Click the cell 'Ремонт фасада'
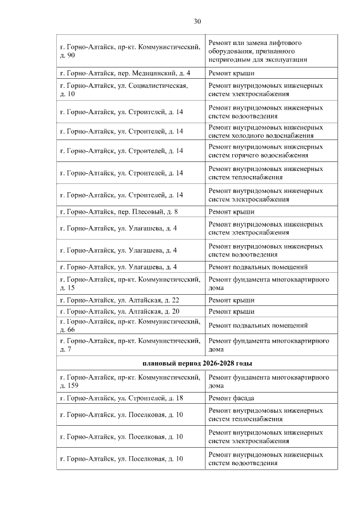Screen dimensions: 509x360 point(231,398)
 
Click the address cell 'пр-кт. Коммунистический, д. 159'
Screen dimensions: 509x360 point(130,381)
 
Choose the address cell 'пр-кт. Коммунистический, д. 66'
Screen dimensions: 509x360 point(130,325)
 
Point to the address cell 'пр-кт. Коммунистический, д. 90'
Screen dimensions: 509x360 point(130,51)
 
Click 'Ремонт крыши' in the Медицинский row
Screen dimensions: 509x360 point(231,73)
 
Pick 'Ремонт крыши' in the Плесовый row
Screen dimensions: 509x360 point(231,211)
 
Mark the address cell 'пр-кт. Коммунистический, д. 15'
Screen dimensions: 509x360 point(130,283)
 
